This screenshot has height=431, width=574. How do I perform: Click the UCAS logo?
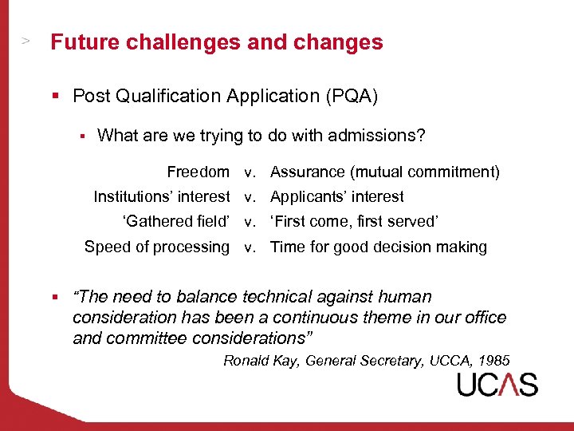coord(497,385)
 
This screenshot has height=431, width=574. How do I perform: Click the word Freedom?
coord(198,172)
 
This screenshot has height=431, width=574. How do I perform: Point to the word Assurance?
coord(306,172)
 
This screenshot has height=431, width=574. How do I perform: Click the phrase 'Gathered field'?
coord(175,221)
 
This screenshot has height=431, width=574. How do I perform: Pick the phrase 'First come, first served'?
coord(355,221)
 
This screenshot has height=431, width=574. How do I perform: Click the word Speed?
coord(106,247)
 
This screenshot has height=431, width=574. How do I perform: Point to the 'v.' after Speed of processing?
coord(250,247)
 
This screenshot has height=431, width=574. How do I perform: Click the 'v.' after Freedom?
coord(250,172)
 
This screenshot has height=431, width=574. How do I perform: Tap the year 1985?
coord(493,360)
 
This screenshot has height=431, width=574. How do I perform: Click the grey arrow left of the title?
coord(26,39)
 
